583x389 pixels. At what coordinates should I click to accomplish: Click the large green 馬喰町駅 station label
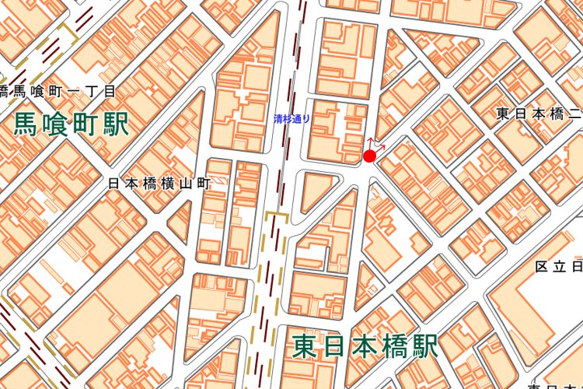click(x=71, y=123)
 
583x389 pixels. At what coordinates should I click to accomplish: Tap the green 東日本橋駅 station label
click(x=365, y=346)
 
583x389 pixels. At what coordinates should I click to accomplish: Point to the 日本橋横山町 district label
click(x=159, y=184)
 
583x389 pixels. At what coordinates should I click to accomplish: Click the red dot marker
click(x=369, y=156)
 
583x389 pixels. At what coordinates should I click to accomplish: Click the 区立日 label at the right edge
click(x=558, y=267)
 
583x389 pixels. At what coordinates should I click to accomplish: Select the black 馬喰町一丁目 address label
click(x=58, y=91)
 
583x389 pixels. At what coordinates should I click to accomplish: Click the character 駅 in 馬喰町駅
click(x=114, y=123)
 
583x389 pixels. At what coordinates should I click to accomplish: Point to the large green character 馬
click(x=27, y=123)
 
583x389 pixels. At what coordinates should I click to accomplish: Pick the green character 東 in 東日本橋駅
click(x=307, y=346)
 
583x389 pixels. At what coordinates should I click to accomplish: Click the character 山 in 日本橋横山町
click(x=186, y=184)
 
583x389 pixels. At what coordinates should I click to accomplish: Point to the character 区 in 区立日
click(x=541, y=267)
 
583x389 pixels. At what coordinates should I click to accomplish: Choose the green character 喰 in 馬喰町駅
click(x=56, y=123)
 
